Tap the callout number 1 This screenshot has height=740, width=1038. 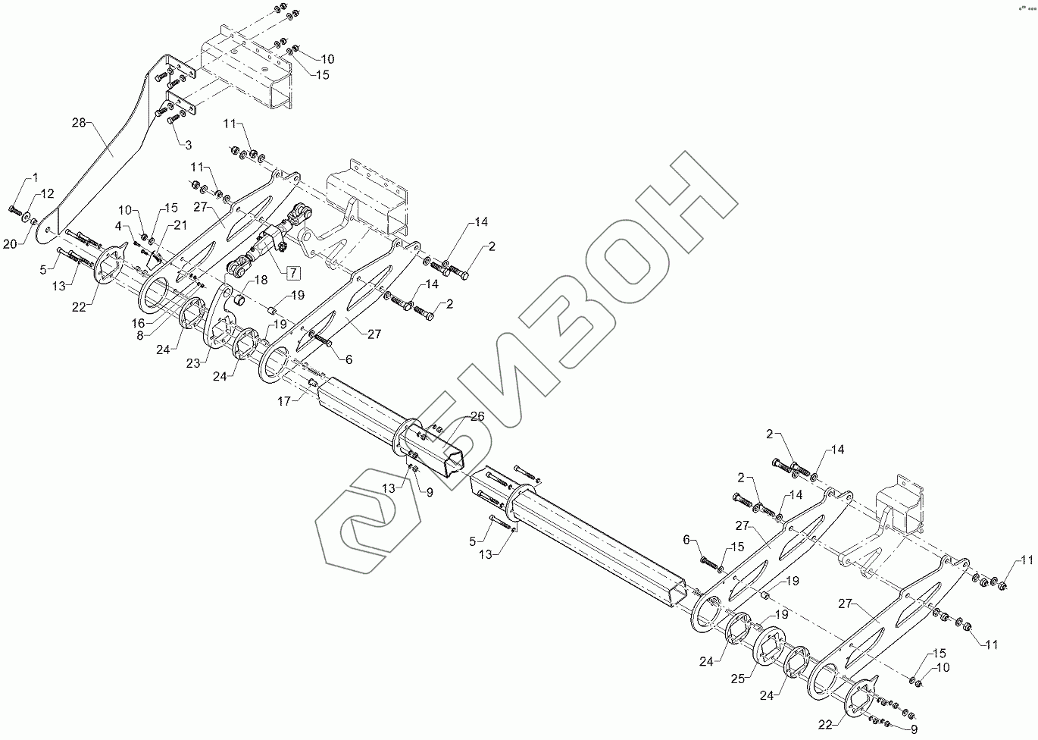pyautogui.click(x=34, y=177)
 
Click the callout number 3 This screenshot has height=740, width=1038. pyautogui.click(x=188, y=143)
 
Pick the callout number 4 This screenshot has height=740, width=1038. pyautogui.click(x=118, y=225)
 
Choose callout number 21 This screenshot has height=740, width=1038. pyautogui.click(x=180, y=224)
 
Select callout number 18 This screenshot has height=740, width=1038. pyautogui.click(x=261, y=280)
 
